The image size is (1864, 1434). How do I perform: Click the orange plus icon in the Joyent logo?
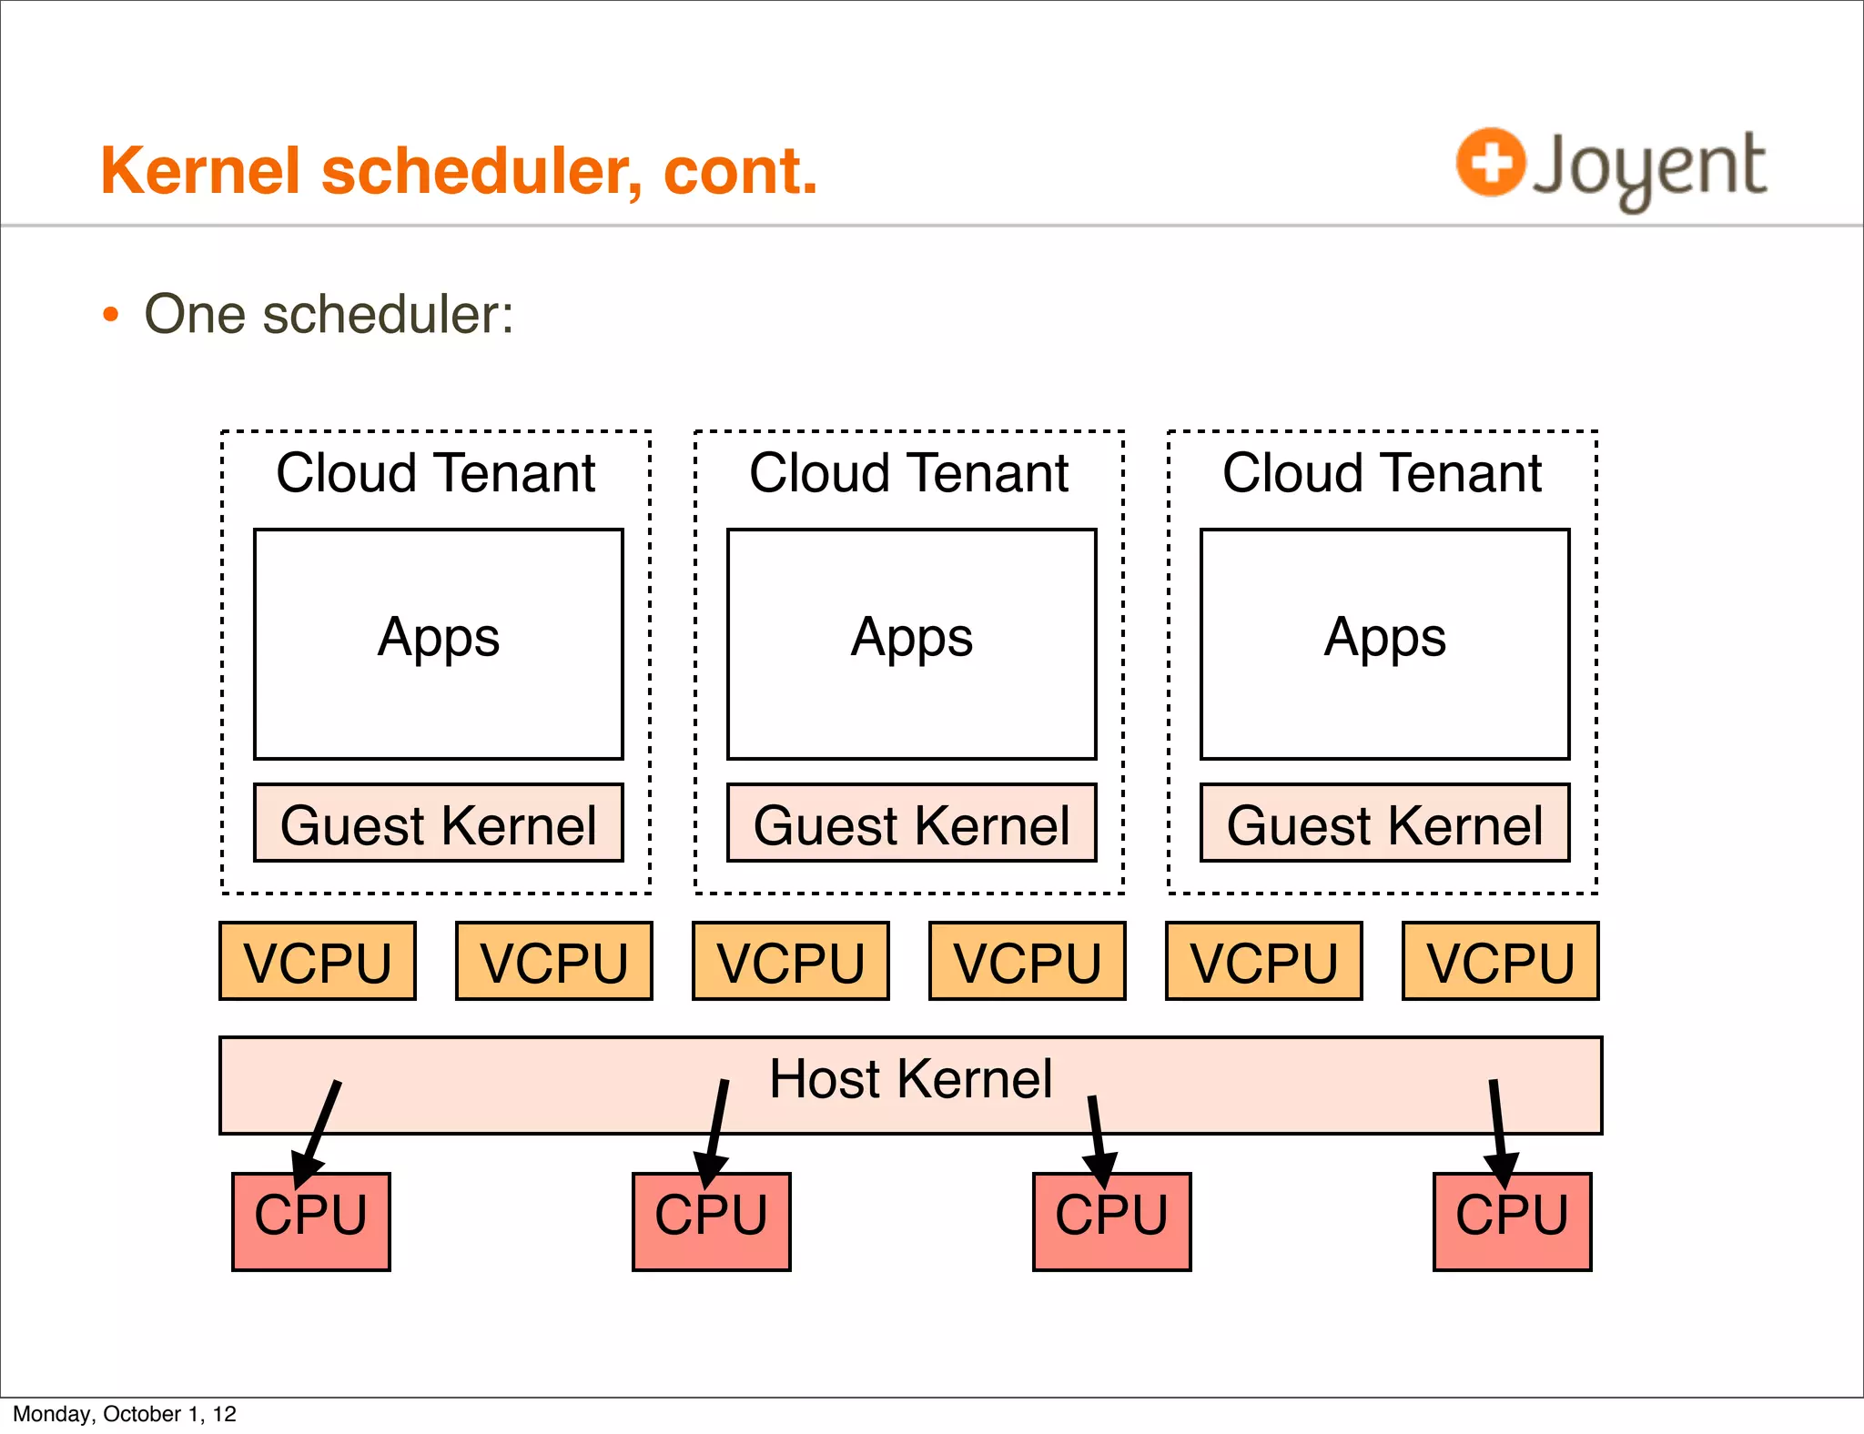[x=1490, y=162]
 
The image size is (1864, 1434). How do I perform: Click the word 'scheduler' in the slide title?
[x=481, y=171]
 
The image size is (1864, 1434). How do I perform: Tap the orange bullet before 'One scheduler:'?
[x=111, y=315]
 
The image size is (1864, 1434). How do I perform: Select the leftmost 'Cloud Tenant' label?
[x=436, y=473]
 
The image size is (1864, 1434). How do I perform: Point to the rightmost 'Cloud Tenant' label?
[x=1382, y=473]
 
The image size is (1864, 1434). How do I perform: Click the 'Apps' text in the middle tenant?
[x=911, y=638]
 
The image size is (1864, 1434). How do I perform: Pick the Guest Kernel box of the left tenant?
[x=438, y=823]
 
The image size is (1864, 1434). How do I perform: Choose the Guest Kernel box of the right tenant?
[x=1384, y=823]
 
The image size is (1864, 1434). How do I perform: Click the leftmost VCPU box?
[x=318, y=962]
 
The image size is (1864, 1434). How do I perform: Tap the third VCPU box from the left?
[x=790, y=962]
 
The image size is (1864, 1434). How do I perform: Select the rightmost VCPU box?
[x=1500, y=962]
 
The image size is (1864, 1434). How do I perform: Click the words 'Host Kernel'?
[x=910, y=1079]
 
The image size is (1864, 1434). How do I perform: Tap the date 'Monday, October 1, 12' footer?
[x=125, y=1414]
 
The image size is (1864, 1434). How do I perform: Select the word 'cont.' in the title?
[x=740, y=171]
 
